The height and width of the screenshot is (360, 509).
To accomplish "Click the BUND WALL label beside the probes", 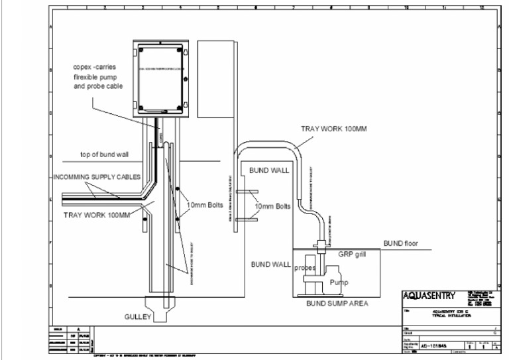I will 267,264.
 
